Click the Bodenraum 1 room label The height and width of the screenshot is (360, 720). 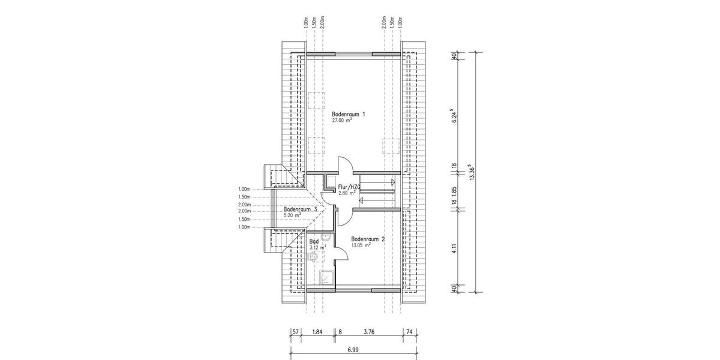349,113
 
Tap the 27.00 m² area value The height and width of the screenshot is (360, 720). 341,120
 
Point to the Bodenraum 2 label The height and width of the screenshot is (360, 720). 368,238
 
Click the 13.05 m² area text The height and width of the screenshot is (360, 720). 361,245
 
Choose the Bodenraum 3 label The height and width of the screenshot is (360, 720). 301,209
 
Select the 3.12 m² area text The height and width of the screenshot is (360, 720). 318,247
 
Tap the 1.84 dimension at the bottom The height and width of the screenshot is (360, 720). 318,330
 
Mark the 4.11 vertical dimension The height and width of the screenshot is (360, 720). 455,248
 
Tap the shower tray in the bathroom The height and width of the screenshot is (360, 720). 327,277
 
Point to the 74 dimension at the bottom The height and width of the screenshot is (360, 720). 409,330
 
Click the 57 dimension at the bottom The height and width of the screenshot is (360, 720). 296,330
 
